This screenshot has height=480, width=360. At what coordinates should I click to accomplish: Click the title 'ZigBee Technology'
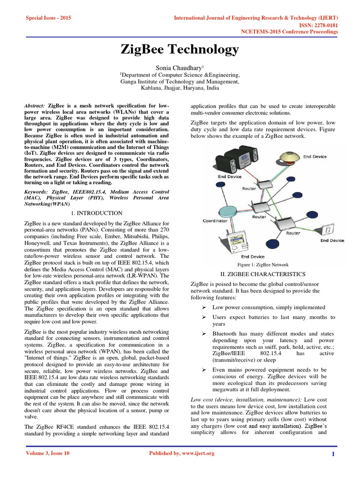(x=180, y=49)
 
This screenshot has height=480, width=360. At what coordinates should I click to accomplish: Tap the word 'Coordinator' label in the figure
(x=215, y=220)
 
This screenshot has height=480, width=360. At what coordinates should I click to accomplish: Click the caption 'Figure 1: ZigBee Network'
(x=263, y=265)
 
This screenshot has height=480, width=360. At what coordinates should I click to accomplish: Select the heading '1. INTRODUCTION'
(x=99, y=213)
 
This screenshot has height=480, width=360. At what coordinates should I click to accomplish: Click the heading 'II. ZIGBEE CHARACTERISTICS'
(x=262, y=274)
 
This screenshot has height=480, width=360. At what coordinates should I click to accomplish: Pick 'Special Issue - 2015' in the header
(x=47, y=18)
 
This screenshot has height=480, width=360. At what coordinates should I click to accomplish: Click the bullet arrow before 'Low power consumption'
(x=204, y=307)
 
